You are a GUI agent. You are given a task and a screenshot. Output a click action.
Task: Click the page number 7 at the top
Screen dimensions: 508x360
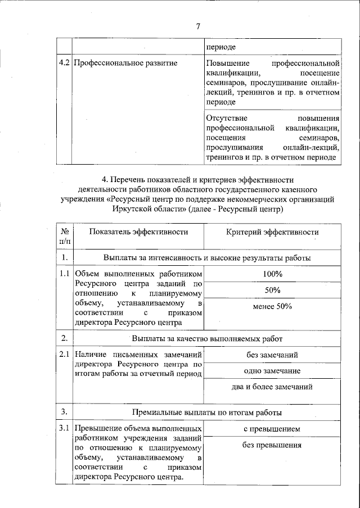point(198,26)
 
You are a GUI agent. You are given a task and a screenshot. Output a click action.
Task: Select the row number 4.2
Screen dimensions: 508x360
point(64,63)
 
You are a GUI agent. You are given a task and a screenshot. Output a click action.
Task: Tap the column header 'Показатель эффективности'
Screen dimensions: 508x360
point(138,232)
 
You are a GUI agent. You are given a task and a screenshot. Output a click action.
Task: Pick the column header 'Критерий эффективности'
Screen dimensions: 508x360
point(272,232)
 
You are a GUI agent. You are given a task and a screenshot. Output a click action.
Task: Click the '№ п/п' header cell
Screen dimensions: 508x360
point(65,236)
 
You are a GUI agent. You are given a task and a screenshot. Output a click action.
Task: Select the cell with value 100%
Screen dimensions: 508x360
point(272,274)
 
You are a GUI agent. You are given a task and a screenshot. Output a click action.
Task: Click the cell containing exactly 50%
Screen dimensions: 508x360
point(272,290)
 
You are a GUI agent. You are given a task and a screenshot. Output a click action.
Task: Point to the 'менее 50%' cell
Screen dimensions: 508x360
point(272,306)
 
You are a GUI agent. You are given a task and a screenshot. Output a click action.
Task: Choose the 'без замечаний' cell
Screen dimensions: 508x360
point(272,355)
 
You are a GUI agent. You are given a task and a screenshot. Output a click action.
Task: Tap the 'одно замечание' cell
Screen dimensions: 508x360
point(272,371)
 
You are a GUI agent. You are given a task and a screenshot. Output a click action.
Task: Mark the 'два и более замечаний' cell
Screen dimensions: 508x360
point(272,387)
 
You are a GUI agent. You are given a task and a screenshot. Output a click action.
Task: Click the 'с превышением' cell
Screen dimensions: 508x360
point(272,429)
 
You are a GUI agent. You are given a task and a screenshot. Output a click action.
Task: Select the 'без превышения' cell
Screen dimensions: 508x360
point(272,445)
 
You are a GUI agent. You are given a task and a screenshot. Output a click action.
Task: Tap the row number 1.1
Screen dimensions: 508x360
point(64,274)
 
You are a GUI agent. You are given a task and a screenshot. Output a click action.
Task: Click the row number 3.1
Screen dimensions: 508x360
point(64,429)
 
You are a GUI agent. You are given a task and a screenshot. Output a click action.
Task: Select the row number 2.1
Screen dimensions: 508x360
point(64,355)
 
